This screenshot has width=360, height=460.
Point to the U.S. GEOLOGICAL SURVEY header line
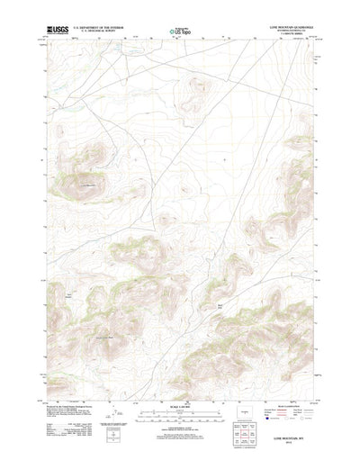(94, 32)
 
